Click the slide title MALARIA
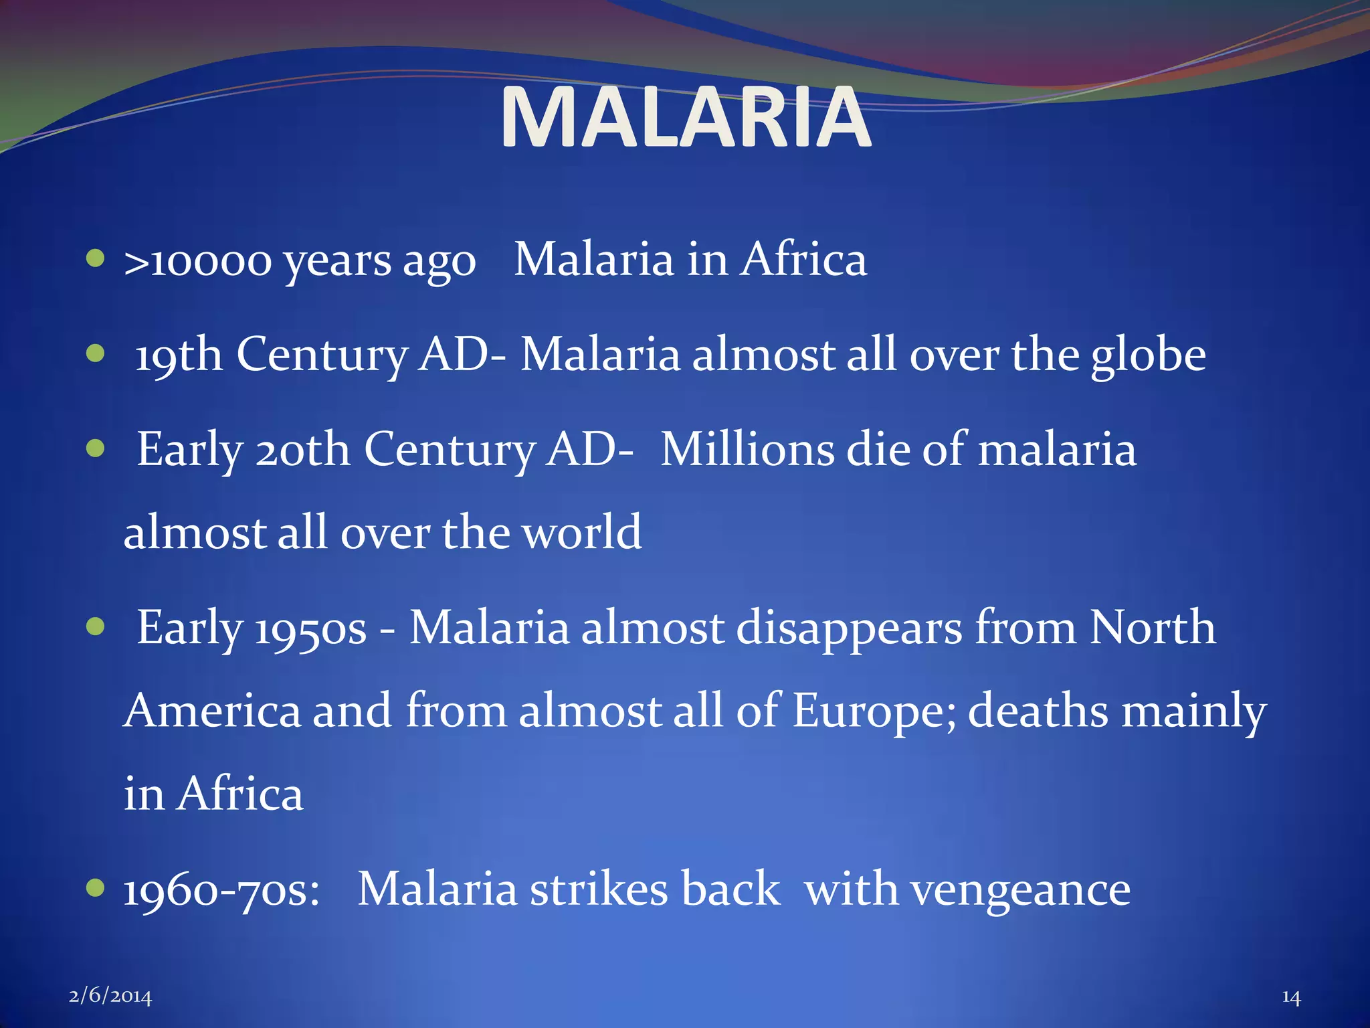click(686, 118)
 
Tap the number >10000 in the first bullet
click(198, 261)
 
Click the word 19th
click(179, 355)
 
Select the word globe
click(1149, 355)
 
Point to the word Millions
click(747, 449)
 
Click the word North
click(1153, 628)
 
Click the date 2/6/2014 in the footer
click(110, 997)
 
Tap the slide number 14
click(1291, 997)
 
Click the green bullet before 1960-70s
click(96, 888)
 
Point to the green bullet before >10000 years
click(96, 258)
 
